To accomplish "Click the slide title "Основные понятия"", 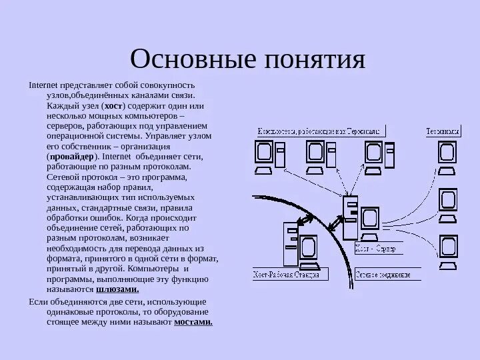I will coord(249,59).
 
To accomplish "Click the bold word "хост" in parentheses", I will coord(114,107).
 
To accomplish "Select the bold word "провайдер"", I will coord(69,156).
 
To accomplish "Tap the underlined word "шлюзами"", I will coord(117,290).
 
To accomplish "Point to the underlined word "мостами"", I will coord(193,322).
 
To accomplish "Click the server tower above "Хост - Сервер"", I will coord(349,216).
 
